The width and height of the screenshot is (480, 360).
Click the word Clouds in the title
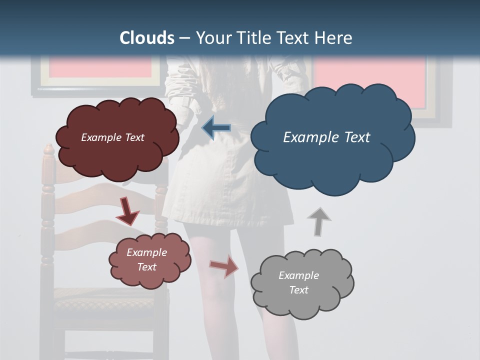147,38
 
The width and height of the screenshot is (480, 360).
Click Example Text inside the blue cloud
326,137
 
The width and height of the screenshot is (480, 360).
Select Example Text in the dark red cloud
112,137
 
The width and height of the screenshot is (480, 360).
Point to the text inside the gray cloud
298,282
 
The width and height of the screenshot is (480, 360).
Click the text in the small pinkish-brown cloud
146,259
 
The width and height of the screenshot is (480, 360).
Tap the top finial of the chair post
48,149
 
